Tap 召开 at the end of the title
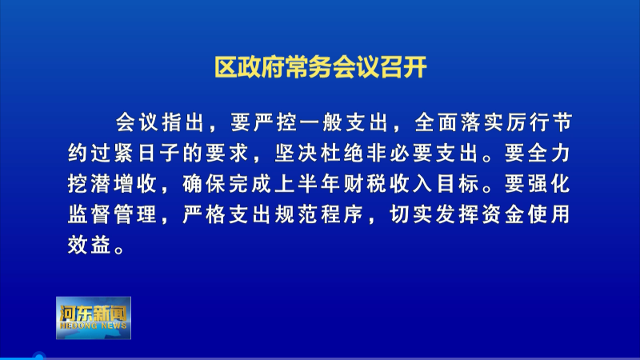[x=404, y=67]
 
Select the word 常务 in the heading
[x=309, y=67]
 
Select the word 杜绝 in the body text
[x=342, y=154]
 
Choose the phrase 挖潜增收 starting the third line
[x=113, y=184]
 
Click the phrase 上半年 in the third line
[x=319, y=184]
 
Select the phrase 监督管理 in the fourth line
[x=113, y=214]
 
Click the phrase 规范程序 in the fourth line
[x=318, y=214]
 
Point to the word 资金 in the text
[x=503, y=214]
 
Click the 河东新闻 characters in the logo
[x=94, y=313]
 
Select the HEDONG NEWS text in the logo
[x=94, y=326]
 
